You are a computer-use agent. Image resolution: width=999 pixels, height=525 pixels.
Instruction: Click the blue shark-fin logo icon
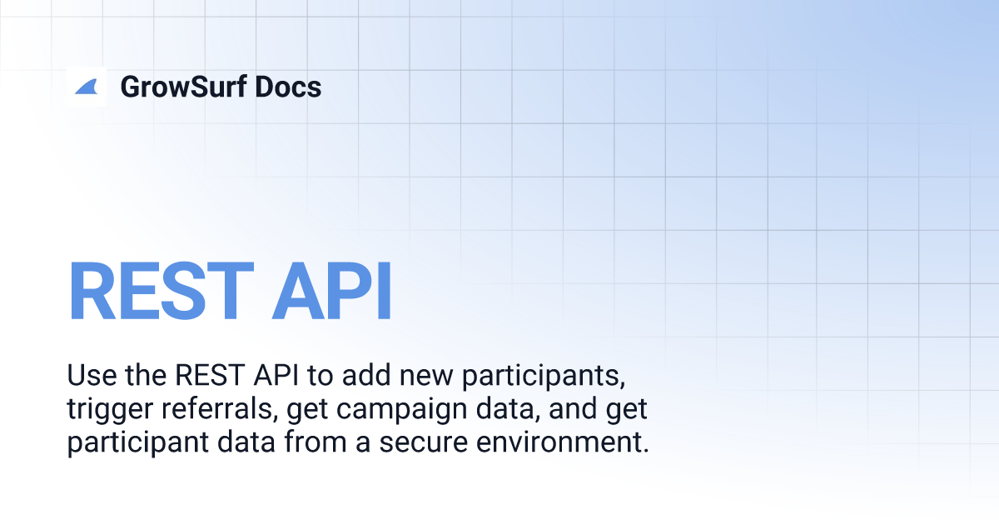click(87, 87)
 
